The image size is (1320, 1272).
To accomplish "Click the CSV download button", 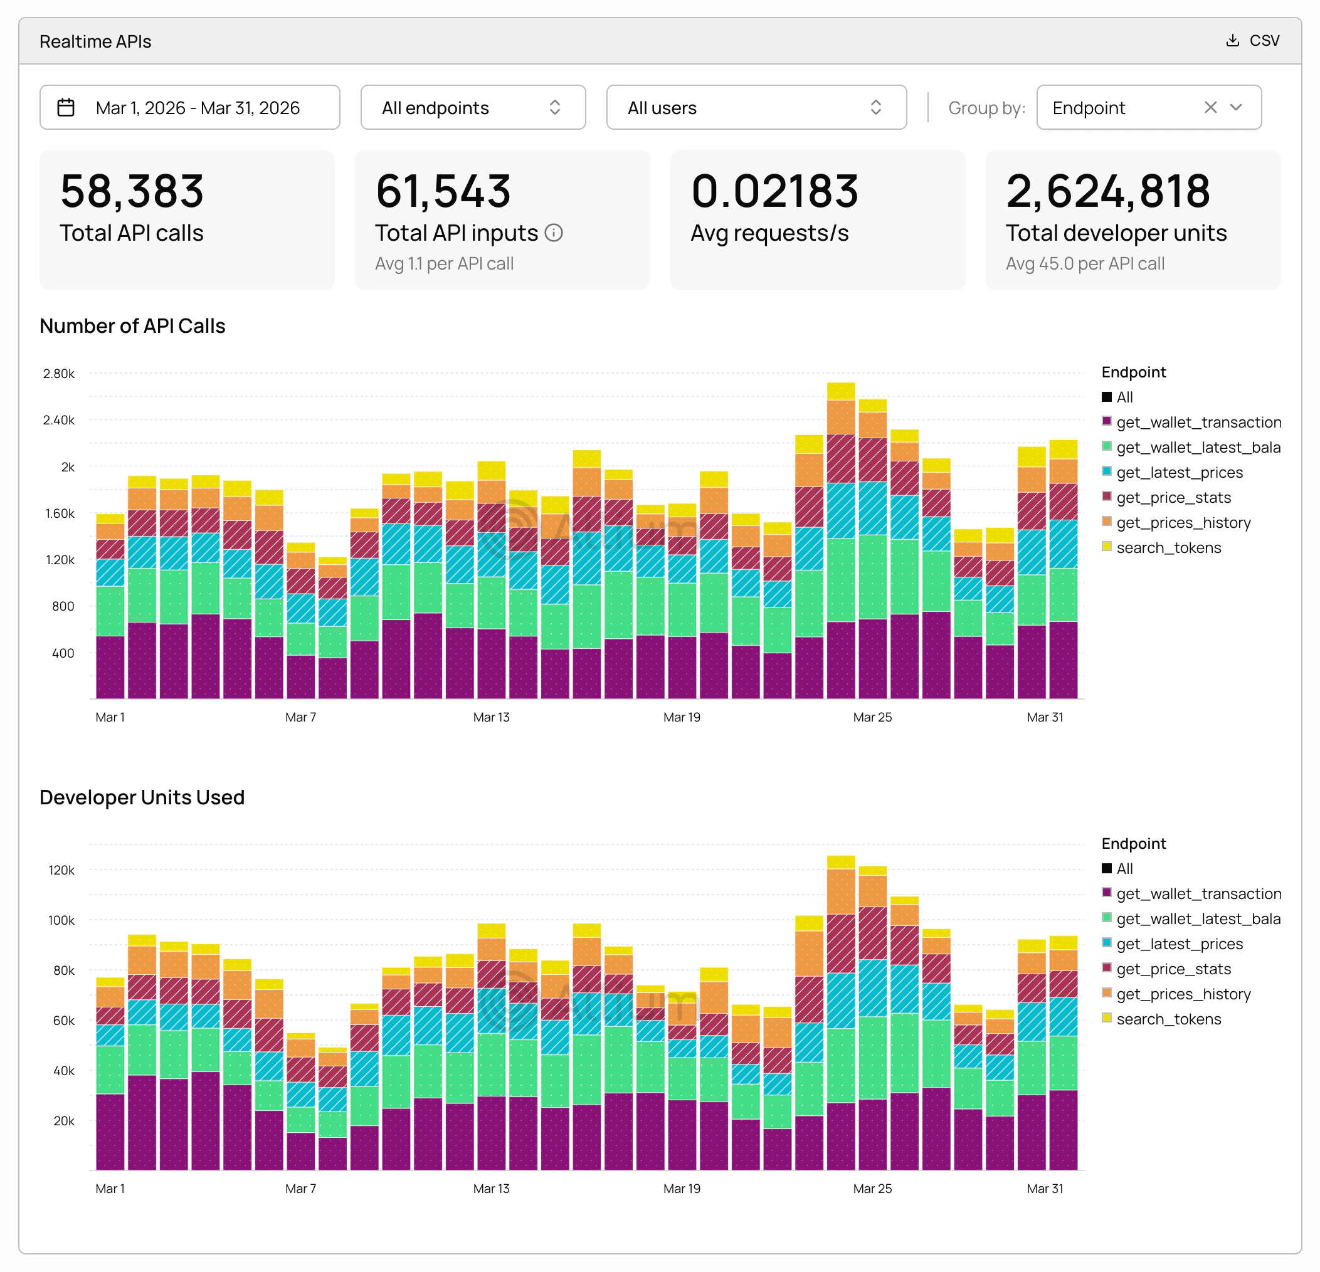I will pyautogui.click(x=1253, y=41).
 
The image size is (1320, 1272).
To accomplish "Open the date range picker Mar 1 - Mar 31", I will pyautogui.click(x=189, y=108).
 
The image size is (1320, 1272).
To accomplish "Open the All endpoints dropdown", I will pyautogui.click(x=473, y=108).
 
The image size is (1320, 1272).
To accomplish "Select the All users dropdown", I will pyautogui.click(x=756, y=108).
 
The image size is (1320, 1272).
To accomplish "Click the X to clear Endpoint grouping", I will pyautogui.click(x=1210, y=108).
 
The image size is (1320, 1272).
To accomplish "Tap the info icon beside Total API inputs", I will pyautogui.click(x=554, y=233).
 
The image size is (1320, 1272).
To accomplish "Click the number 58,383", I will pyautogui.click(x=132, y=191).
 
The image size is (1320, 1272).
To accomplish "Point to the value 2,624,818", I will pyautogui.click(x=1108, y=191).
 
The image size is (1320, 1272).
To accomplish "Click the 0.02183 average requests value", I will pyautogui.click(x=774, y=191).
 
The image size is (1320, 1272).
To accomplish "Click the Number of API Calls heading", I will pyautogui.click(x=133, y=326).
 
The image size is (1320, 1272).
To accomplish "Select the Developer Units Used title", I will pyautogui.click(x=142, y=797).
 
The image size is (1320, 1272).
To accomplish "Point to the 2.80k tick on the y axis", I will pyautogui.click(x=60, y=374).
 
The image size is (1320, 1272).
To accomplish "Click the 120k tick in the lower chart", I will pyautogui.click(x=62, y=870).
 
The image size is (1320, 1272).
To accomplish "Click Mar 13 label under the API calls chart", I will pyautogui.click(x=491, y=717).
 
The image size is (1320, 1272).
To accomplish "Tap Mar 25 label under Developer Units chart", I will pyautogui.click(x=872, y=1189).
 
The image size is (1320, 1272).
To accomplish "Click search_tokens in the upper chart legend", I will pyautogui.click(x=1168, y=548).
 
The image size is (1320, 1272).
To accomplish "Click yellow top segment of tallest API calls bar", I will pyautogui.click(x=840, y=391).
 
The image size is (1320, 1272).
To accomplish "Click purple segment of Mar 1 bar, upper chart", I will pyautogui.click(x=110, y=666).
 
